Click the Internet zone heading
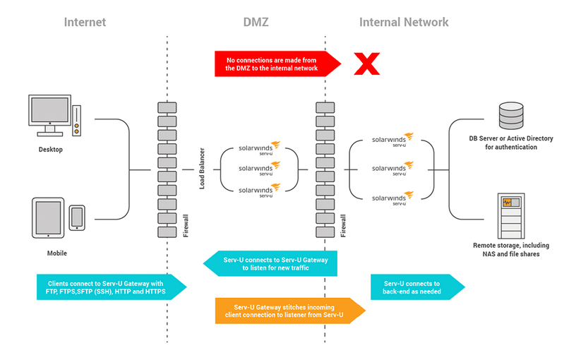point(85,22)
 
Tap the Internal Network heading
point(404,22)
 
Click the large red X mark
point(366,64)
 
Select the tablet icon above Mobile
point(49,218)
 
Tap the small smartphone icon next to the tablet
point(77,217)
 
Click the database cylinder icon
point(511,114)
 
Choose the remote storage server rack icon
point(510,215)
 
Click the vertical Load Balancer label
point(202,170)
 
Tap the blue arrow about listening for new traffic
point(272,263)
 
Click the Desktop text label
point(50,150)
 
